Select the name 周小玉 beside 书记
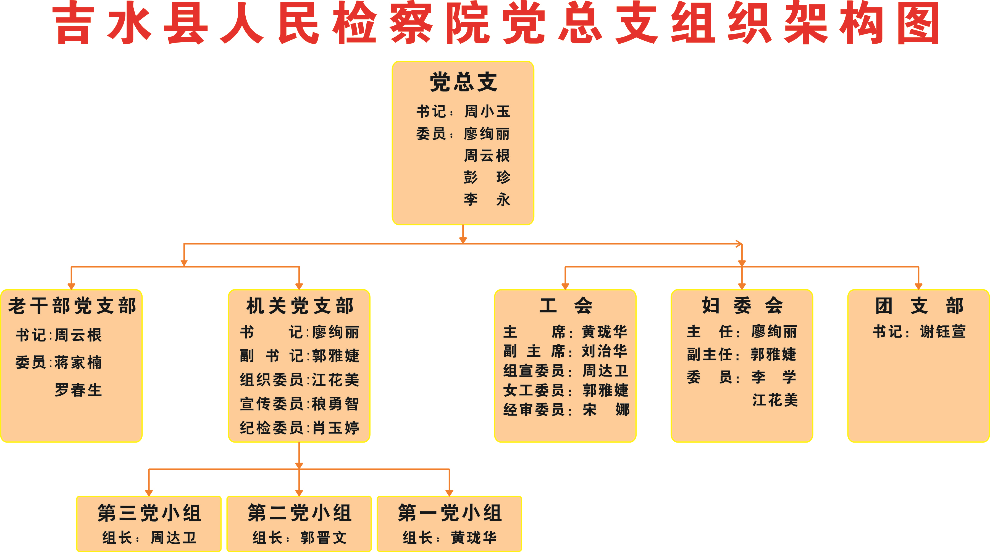[x=487, y=111]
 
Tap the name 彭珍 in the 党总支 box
[x=487, y=177]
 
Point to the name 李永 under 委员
[x=487, y=199]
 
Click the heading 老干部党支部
[x=72, y=306]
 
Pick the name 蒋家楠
[x=78, y=362]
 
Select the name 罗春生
[x=78, y=390]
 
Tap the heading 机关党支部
[x=300, y=306]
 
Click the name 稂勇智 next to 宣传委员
[x=335, y=404]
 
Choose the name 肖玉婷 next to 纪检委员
[x=335, y=427]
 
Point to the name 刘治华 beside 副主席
[x=604, y=351]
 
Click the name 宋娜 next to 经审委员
[x=606, y=410]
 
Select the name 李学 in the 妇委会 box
[x=774, y=377]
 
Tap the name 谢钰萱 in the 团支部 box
[x=943, y=331]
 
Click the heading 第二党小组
[x=300, y=513]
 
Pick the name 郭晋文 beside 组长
[x=324, y=537]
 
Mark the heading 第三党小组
[x=149, y=513]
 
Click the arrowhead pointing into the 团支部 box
[x=918, y=286]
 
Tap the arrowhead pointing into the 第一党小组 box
[x=449, y=493]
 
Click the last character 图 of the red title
[x=918, y=23]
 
